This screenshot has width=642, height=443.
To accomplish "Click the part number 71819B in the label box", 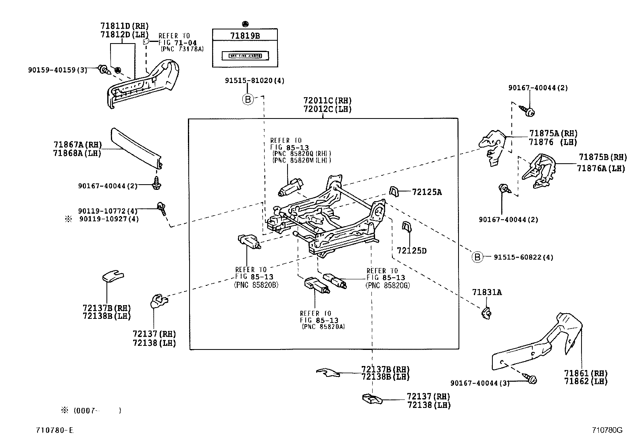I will (x=245, y=35).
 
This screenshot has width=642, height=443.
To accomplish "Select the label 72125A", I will (x=427, y=192).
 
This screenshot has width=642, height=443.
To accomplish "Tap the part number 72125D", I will (x=411, y=251).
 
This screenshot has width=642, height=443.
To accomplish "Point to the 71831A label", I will (x=487, y=292).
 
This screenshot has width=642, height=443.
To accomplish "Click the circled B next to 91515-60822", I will (x=477, y=257).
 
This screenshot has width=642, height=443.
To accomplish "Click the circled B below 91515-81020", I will (x=248, y=99).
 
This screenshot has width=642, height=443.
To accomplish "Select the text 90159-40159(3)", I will (x=57, y=70).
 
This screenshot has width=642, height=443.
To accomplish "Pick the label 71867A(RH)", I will (x=77, y=145).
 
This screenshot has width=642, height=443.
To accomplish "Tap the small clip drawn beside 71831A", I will (x=486, y=312).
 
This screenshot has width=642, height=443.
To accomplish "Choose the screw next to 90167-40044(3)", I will (x=531, y=379).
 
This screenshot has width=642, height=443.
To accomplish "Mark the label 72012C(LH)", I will (x=327, y=109).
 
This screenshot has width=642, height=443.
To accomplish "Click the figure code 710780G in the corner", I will (x=607, y=430).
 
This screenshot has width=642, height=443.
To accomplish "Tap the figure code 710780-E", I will (x=54, y=430).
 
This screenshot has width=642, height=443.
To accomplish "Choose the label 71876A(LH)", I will (x=600, y=168).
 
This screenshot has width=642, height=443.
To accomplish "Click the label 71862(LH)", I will (x=586, y=381).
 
